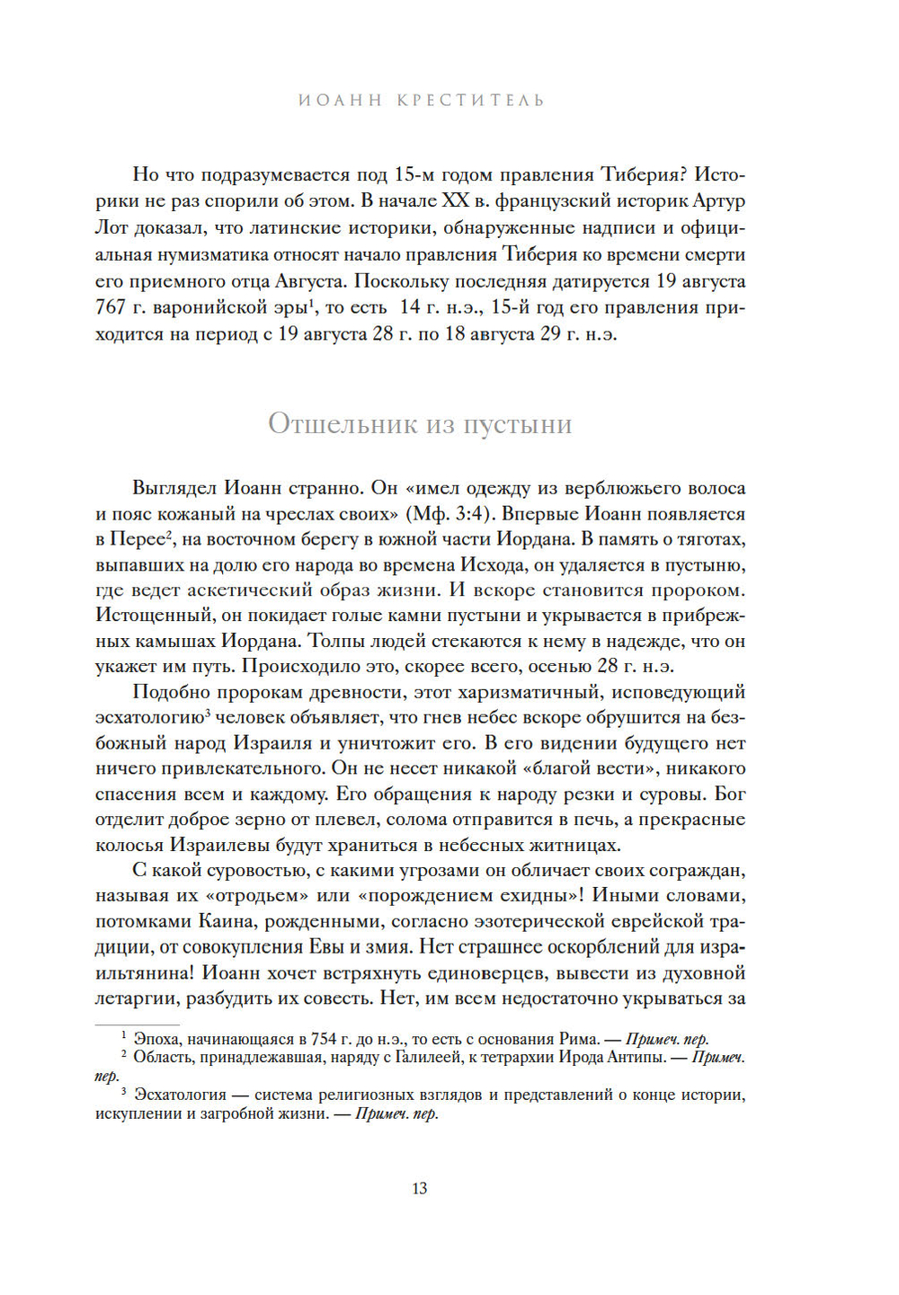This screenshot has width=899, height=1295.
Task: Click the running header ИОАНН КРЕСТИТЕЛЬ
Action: (x=421, y=100)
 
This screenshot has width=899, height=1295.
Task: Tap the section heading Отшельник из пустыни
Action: (x=420, y=423)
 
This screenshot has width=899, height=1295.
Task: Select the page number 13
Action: (x=420, y=1188)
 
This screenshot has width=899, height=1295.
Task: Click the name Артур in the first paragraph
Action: (x=720, y=200)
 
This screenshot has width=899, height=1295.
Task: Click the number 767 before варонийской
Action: (x=111, y=307)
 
